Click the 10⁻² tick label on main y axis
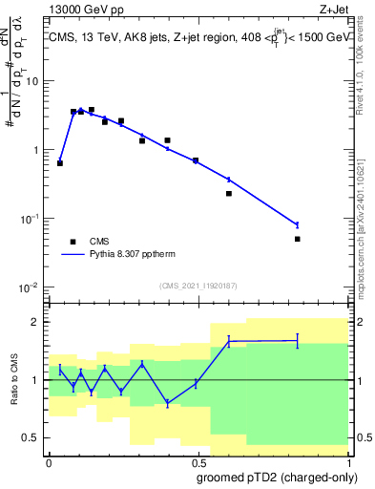point(29,287)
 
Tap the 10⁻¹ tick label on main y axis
point(29,219)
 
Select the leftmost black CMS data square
point(60,163)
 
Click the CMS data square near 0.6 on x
point(229,194)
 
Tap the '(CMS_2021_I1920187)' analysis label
point(197,286)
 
